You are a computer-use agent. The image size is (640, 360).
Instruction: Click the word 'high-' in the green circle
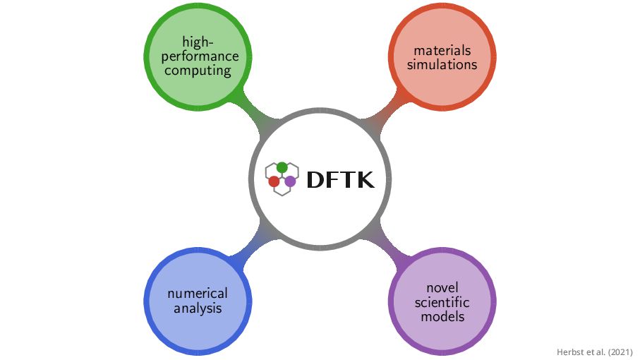click(198, 42)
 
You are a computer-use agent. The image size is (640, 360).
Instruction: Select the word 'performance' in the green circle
click(198, 56)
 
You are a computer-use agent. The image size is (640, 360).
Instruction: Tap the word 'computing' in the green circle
click(198, 70)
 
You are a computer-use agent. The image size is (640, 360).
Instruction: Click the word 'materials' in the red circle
click(442, 51)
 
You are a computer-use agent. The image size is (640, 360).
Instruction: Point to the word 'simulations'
click(442, 64)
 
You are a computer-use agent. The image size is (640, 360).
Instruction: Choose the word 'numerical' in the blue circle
click(198, 294)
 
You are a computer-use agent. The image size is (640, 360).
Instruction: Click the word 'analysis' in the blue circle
click(198, 308)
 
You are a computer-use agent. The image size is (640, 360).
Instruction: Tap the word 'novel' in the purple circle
click(442, 288)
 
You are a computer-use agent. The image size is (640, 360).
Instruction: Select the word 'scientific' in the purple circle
click(442, 302)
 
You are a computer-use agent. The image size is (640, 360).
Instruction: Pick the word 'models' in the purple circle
click(442, 316)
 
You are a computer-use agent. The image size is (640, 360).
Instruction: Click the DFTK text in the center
click(340, 180)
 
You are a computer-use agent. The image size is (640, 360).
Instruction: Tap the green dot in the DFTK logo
click(282, 167)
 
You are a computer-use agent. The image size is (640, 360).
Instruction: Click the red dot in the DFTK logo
click(274, 181)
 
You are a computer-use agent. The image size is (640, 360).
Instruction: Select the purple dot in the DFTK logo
click(290, 181)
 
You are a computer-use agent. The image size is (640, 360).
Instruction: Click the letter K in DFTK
click(365, 180)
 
